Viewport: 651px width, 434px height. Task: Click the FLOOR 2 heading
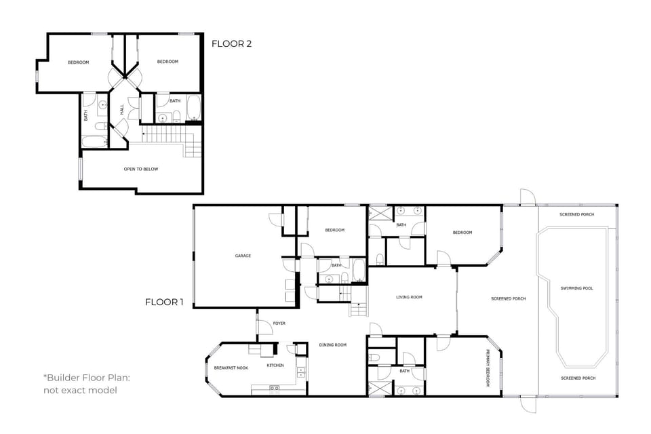tap(231, 44)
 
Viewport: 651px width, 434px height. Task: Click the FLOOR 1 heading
tap(164, 302)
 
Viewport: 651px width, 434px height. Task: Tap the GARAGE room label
tap(243, 256)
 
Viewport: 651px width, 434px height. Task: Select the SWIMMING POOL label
tap(576, 288)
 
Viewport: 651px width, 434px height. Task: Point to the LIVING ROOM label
tap(409, 297)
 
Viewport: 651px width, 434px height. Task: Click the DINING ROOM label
tap(332, 345)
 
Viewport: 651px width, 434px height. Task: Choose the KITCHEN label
tap(275, 366)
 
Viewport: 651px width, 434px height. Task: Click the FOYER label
tap(279, 323)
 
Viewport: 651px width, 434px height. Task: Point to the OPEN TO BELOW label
tap(141, 169)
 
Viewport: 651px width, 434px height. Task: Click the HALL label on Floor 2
tap(122, 109)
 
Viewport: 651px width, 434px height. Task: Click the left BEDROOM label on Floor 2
tap(78, 62)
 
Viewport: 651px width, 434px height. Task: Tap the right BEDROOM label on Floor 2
tap(167, 62)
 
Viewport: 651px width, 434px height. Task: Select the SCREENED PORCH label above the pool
tap(576, 214)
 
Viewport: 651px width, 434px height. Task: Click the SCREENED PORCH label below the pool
tap(578, 378)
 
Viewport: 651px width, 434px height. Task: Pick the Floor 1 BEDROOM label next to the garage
tap(334, 230)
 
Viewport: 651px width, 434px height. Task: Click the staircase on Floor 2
tap(170, 137)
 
